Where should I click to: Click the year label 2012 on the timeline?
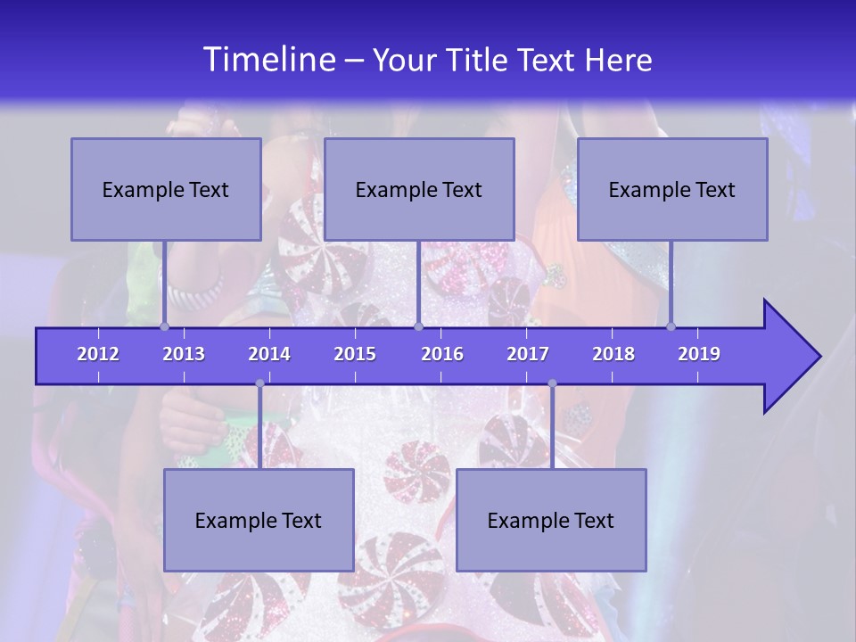pyautogui.click(x=98, y=354)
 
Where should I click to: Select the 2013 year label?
pyautogui.click(x=184, y=354)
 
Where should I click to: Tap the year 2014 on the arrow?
pyautogui.click(x=269, y=354)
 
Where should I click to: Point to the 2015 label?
pyautogui.click(x=355, y=354)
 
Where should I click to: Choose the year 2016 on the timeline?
pyautogui.click(x=442, y=354)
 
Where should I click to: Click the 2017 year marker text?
pyautogui.click(x=528, y=354)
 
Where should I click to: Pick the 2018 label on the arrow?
pyautogui.click(x=613, y=354)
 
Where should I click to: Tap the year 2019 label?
pyautogui.click(x=699, y=354)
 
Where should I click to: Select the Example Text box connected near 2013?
pyautogui.click(x=166, y=189)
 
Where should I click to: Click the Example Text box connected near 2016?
pyautogui.click(x=419, y=189)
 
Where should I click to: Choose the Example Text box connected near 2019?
pyautogui.click(x=672, y=189)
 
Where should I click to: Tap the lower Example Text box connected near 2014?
pyautogui.click(x=259, y=520)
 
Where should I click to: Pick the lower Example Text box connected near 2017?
pyautogui.click(x=551, y=520)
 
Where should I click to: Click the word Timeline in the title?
pyautogui.click(x=268, y=60)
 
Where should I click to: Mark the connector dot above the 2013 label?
pyautogui.click(x=165, y=326)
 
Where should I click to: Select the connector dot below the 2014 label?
pyautogui.click(x=259, y=383)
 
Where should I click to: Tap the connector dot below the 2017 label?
pyautogui.click(x=552, y=383)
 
